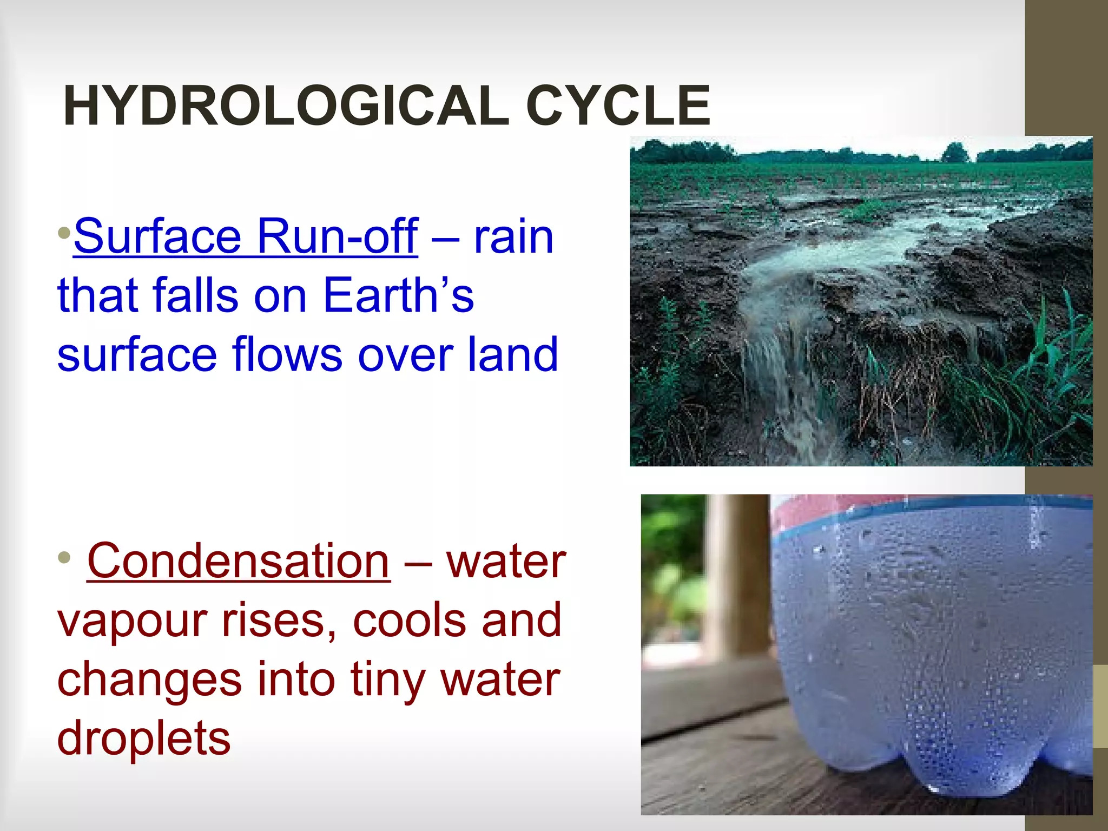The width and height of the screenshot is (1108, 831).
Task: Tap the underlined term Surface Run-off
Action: click(x=246, y=236)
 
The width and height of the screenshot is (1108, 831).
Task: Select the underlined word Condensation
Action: click(x=238, y=562)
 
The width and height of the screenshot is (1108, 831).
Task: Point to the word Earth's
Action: click(x=398, y=295)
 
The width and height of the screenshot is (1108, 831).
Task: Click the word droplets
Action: click(x=144, y=739)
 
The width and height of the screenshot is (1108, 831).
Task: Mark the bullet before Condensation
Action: click(x=64, y=557)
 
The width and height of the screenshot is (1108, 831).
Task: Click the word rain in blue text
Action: click(x=513, y=236)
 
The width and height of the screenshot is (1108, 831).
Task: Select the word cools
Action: click(x=410, y=621)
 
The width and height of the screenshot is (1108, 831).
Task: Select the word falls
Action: click(x=195, y=295)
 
